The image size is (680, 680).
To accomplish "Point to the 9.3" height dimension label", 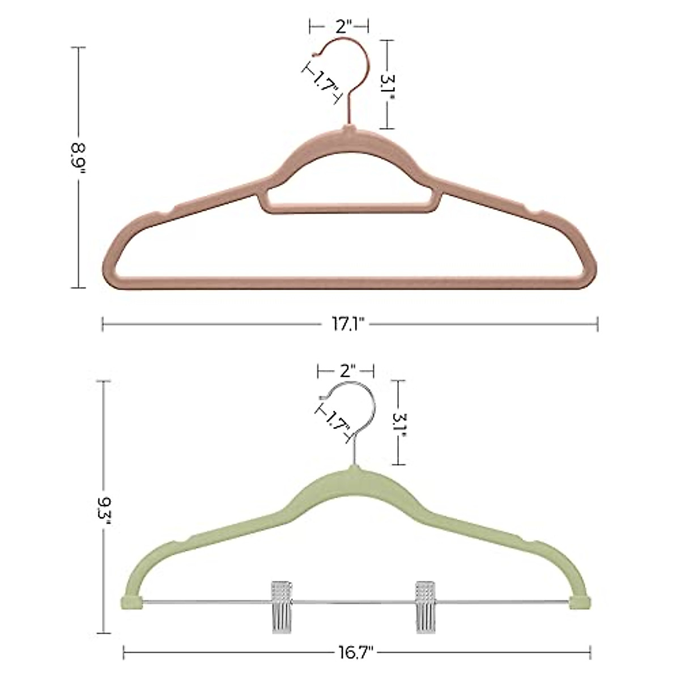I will pyautogui.click(x=103, y=517).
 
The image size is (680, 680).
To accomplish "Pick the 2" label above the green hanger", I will pyautogui.click(x=347, y=371).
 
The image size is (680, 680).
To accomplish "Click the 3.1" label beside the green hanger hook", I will pyautogui.click(x=399, y=423).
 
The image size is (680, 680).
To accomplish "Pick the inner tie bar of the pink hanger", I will pyautogui.click(x=348, y=209).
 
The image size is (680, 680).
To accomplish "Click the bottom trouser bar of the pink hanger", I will pyautogui.click(x=348, y=282).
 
